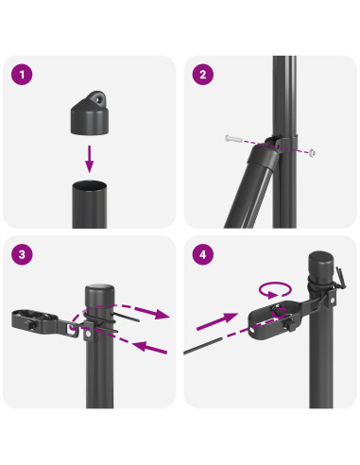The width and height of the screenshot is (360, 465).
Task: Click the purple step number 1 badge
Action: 22,75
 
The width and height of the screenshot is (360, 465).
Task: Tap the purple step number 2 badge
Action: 203,75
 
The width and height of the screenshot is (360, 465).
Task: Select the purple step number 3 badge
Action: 22,254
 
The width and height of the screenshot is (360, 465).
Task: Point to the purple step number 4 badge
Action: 203,254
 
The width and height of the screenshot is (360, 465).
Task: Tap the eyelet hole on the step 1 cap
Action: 100,99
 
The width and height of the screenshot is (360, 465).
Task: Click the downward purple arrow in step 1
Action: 90,159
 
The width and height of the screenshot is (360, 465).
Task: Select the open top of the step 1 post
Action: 90,185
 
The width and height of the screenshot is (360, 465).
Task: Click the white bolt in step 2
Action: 232,138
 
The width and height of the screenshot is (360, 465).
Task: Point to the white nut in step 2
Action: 312,153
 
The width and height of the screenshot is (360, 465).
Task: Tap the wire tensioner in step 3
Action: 43,322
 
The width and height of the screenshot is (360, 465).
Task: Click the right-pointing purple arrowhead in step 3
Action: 162,314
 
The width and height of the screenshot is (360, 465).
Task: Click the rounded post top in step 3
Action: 99,290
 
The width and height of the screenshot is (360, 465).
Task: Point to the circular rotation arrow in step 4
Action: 275,289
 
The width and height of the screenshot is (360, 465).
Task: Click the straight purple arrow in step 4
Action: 217,321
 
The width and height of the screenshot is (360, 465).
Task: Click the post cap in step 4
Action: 321,266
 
